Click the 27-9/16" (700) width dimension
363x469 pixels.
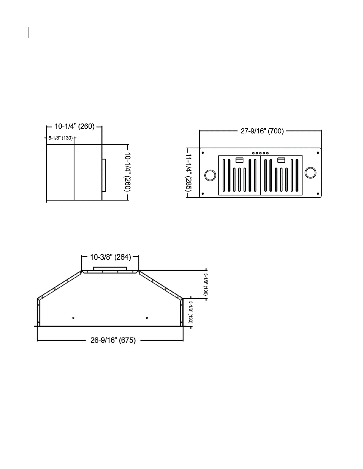coord(262,131)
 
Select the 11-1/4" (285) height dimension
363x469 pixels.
coord(189,172)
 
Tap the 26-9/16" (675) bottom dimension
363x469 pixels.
coord(113,340)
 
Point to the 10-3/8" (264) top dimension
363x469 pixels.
coord(110,257)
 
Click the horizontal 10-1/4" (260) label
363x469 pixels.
coord(75,126)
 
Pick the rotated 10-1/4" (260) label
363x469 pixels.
coord(127,172)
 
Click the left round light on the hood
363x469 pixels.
coord(210,175)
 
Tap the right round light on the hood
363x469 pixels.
coord(311,173)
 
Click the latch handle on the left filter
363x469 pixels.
coord(240,160)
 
